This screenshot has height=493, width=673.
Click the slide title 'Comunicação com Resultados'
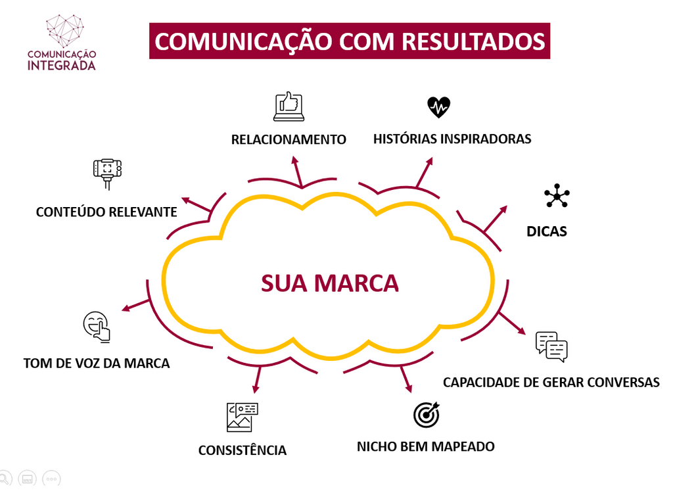pos(350,41)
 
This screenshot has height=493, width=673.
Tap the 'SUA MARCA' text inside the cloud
pos(330,283)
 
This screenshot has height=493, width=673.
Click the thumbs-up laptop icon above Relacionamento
pos(289,106)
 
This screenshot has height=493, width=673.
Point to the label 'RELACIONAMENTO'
pos(289,139)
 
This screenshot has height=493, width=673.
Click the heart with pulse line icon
pos(438,106)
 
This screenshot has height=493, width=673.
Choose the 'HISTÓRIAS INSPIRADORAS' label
pos(452,139)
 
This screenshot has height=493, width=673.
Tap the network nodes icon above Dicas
pos(557,196)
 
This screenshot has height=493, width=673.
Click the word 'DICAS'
pos(547,231)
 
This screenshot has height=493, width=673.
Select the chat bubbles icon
pos(551,346)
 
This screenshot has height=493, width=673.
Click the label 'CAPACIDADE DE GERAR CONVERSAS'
pos(551,382)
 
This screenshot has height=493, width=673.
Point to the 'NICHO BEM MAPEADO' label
pos(425,446)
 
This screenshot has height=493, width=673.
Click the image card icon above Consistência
pos(242,417)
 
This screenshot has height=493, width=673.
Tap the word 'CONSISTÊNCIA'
pos(243,450)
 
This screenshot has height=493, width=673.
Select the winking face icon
pos(97,326)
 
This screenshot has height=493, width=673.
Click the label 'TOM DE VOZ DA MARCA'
pos(97,363)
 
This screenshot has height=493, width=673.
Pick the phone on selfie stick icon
pos(107,173)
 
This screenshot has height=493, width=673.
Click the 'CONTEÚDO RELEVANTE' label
pos(106,212)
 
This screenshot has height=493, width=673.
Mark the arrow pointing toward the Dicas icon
pos(496,218)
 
